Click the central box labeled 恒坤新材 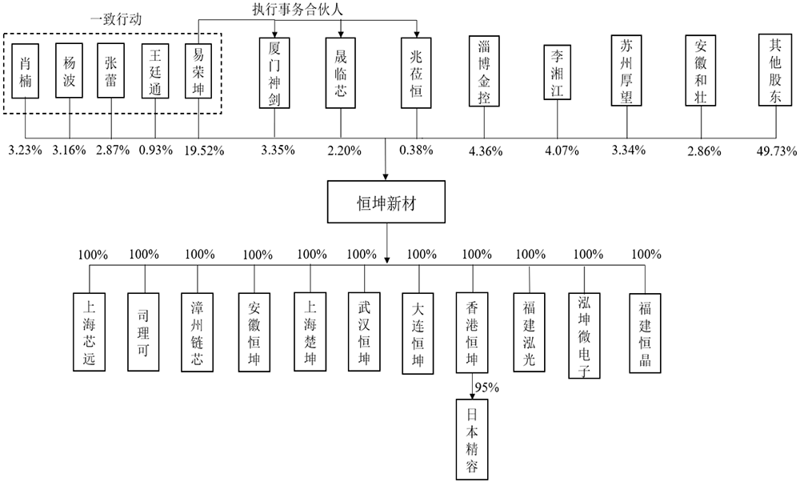tap(386, 202)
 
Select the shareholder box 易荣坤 tap(198, 71)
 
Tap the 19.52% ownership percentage tap(205, 151)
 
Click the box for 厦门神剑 tap(274, 73)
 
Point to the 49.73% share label tap(777, 151)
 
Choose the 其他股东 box tap(775, 70)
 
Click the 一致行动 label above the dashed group tap(116, 19)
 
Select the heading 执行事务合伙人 tap(298, 9)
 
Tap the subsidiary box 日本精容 tap(472, 440)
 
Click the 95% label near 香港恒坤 tap(486, 388)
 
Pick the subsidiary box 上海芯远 tap(90, 331)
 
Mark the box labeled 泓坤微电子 tap(584, 335)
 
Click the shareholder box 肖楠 tap(25, 71)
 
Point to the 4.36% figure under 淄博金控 tap(486, 151)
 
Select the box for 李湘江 tap(557, 72)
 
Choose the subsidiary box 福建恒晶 tap(645, 333)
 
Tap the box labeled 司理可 tap(143, 331)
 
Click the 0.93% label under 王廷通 tap(156, 151)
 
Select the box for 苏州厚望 tap(626, 70)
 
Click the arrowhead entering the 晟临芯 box tap(341, 34)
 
